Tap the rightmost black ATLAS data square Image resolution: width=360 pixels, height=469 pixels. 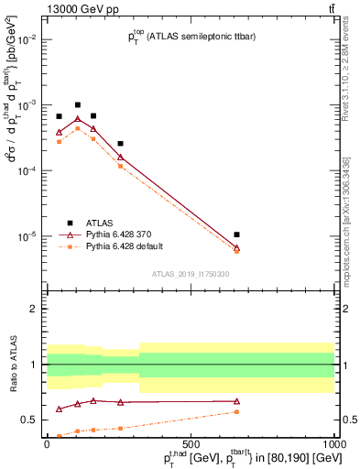click(x=236, y=234)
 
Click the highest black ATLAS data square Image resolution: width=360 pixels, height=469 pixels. click(x=78, y=105)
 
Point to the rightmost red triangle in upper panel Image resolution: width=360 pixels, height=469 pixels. click(x=236, y=247)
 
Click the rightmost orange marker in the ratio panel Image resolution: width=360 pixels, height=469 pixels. click(x=236, y=411)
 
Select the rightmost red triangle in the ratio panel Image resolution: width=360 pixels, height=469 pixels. click(x=236, y=401)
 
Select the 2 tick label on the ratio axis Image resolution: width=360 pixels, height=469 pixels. click(x=33, y=309)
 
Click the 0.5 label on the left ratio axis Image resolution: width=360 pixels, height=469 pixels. click(x=29, y=420)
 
